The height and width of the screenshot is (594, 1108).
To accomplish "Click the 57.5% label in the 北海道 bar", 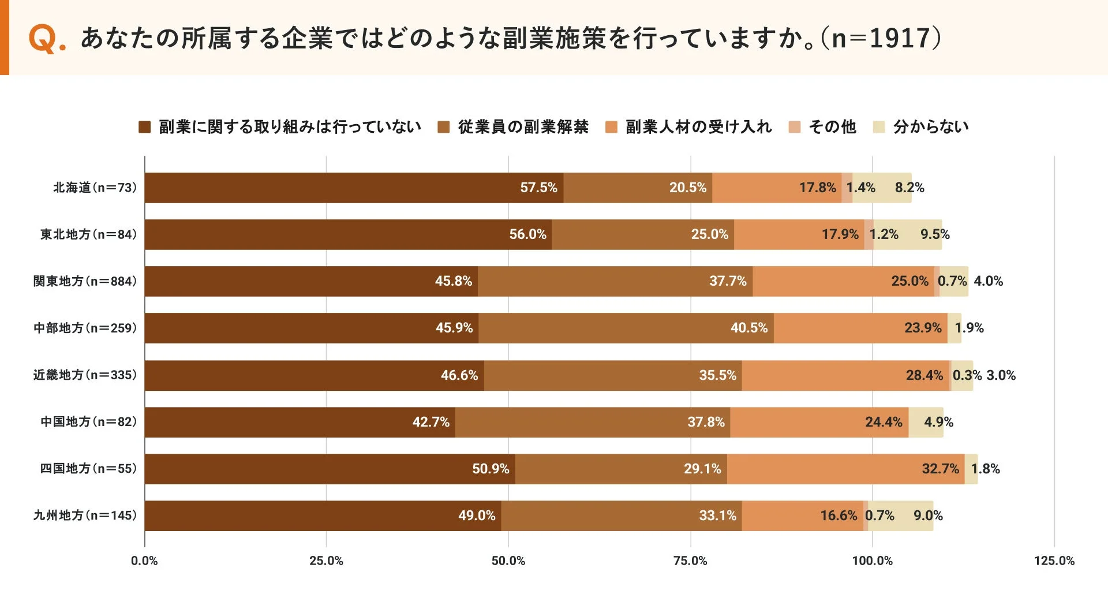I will tap(538, 188).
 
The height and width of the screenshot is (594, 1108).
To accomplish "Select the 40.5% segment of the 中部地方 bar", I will tap(626, 328).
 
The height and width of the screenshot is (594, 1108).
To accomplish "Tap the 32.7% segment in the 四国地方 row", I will tap(845, 469).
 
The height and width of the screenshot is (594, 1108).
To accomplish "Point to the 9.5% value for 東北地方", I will tap(934, 234).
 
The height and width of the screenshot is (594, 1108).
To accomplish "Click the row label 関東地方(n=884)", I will tap(85, 281).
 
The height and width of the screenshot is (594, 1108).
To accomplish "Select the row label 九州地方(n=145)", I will tap(85, 515).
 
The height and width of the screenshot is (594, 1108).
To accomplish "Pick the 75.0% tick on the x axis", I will tap(690, 561).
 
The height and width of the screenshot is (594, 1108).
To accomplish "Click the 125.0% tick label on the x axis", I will tap(1054, 561).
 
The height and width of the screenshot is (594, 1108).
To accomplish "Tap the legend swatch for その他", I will tap(795, 127).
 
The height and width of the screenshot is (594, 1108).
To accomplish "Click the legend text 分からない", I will tap(930, 127).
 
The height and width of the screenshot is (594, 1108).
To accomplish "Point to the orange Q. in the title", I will tap(46, 39).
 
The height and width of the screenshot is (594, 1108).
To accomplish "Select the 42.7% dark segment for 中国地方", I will tap(300, 422).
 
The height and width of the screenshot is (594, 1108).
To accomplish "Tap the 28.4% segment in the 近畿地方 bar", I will tap(845, 375).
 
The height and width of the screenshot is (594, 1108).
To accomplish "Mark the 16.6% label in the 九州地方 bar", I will tap(839, 515).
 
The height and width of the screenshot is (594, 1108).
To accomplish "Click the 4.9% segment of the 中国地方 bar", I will tap(926, 422).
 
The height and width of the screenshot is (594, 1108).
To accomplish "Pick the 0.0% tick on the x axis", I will tap(144, 561).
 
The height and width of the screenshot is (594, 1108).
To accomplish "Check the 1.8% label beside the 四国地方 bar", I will tap(985, 469).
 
